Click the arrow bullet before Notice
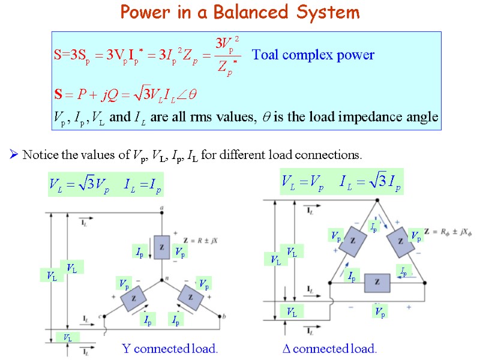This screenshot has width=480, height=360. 14,155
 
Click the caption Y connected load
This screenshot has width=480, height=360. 170,349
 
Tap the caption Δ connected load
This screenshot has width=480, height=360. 329,349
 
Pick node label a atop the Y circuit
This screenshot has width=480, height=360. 162,209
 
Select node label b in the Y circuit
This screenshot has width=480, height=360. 224,316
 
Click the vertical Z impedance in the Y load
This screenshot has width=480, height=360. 161,247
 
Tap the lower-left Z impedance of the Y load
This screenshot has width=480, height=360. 134,297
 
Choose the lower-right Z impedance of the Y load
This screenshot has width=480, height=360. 190,297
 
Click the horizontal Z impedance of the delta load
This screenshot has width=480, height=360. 377,282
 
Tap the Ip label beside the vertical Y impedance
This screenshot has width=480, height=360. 139,251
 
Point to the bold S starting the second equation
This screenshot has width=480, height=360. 58,95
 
